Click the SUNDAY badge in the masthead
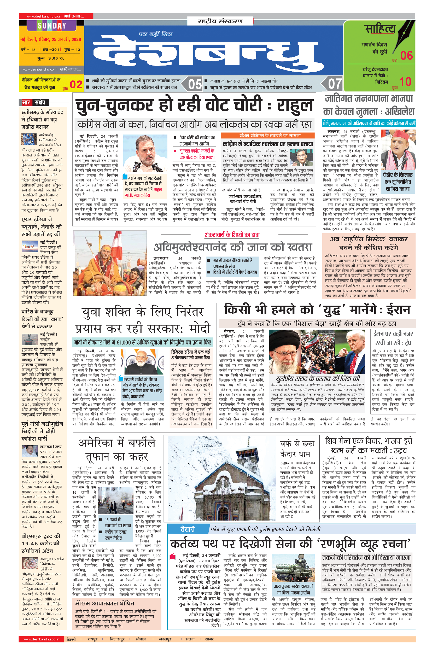tap(52, 26)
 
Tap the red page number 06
tap(406, 56)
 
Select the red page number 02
tap(76, 84)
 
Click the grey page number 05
tap(195, 84)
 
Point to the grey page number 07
tap(335, 84)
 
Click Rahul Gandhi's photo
tap(145, 153)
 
